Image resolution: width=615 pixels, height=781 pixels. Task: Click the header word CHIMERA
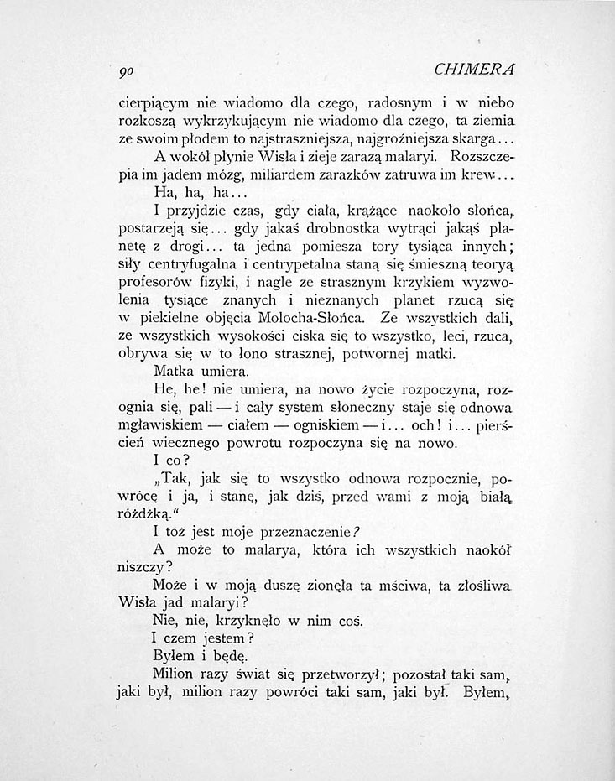(x=481, y=70)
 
